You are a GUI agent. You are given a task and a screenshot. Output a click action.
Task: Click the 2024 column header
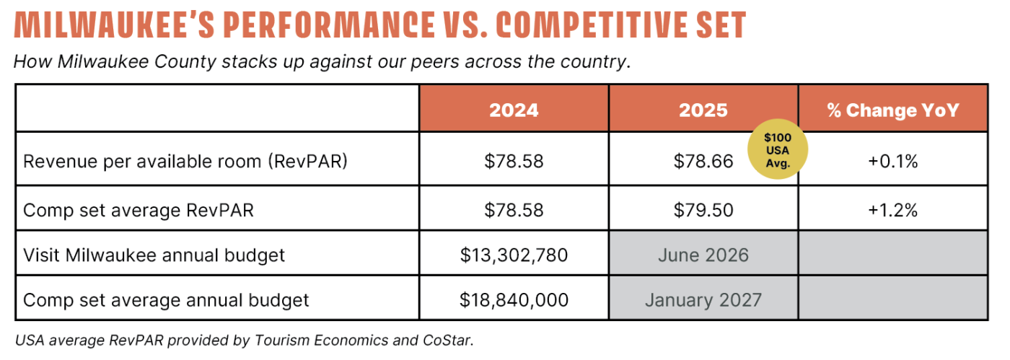click(x=514, y=110)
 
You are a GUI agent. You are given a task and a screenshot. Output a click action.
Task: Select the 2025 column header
click(x=703, y=110)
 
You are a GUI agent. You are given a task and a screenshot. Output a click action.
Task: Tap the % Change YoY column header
click(x=892, y=110)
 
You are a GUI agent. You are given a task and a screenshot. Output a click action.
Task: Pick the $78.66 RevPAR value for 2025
click(x=703, y=161)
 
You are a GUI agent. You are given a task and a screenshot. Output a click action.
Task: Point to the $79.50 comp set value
click(x=703, y=210)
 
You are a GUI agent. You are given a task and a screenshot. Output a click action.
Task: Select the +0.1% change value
click(x=892, y=161)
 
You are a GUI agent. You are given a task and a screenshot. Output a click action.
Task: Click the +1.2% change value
click(x=892, y=210)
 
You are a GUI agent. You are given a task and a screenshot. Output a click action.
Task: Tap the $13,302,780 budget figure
click(x=514, y=255)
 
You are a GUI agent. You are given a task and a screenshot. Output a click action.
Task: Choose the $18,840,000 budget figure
click(x=514, y=299)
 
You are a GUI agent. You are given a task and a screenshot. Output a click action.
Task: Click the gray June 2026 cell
click(x=703, y=255)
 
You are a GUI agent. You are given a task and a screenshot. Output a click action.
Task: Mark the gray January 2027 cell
click(x=703, y=299)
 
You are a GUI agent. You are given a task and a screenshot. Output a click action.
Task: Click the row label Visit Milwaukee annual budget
click(x=154, y=255)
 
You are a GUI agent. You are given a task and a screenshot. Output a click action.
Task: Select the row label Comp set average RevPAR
click(x=139, y=210)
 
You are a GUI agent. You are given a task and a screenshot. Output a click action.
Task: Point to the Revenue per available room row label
click(x=185, y=161)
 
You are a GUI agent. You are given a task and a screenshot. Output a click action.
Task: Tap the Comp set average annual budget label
click(x=166, y=299)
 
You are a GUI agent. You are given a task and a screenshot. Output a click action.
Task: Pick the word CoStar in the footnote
click(x=450, y=341)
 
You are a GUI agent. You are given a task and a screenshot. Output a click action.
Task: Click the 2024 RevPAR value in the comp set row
click(x=514, y=210)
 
